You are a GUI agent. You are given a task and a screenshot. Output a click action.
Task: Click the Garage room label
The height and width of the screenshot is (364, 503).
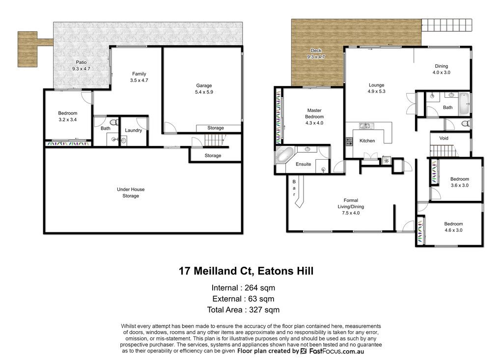click(x=204, y=85)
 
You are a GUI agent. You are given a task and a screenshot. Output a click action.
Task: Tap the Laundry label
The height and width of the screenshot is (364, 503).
click(x=134, y=130)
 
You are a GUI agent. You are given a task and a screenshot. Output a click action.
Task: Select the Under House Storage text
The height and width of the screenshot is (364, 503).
click(x=131, y=193)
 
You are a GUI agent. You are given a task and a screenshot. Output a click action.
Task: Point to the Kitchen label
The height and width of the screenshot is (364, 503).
click(x=367, y=140)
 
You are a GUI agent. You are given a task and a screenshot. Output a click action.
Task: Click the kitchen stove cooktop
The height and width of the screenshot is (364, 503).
click(x=349, y=141)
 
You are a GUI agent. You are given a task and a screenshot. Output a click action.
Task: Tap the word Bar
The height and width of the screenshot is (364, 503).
click(x=294, y=188)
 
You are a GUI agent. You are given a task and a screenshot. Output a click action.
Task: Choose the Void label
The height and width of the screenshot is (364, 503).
click(x=444, y=138)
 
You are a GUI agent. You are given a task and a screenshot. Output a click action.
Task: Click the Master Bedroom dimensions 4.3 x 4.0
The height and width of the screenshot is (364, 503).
click(x=314, y=123)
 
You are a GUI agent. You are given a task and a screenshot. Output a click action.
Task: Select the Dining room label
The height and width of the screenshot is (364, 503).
click(x=442, y=66)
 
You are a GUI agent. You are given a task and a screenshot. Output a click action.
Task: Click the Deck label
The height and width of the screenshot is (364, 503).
click(x=316, y=50)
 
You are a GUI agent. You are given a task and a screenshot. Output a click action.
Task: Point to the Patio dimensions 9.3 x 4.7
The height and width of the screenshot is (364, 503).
click(x=81, y=69)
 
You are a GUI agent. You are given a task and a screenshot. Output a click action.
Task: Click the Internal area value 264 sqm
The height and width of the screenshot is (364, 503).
click(x=260, y=288)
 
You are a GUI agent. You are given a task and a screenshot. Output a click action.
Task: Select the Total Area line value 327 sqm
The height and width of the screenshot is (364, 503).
click(x=264, y=310)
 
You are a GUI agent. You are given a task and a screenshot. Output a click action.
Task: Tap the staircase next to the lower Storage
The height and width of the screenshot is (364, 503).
click(x=214, y=140)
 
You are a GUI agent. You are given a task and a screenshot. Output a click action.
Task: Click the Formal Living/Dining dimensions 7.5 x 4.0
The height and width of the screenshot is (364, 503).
click(x=351, y=213)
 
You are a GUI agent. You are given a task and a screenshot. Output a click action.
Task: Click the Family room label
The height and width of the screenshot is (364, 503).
click(x=139, y=74)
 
